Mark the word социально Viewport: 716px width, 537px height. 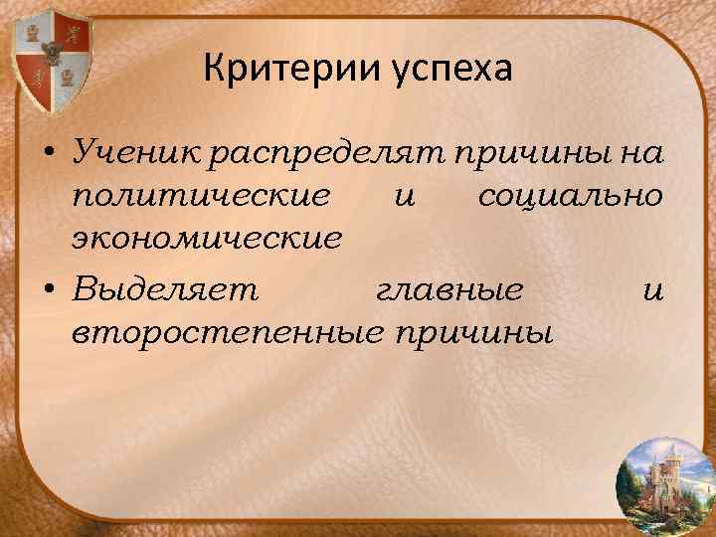click(570, 196)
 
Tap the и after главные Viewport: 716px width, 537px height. click(652, 288)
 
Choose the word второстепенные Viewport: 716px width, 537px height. click(229, 330)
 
